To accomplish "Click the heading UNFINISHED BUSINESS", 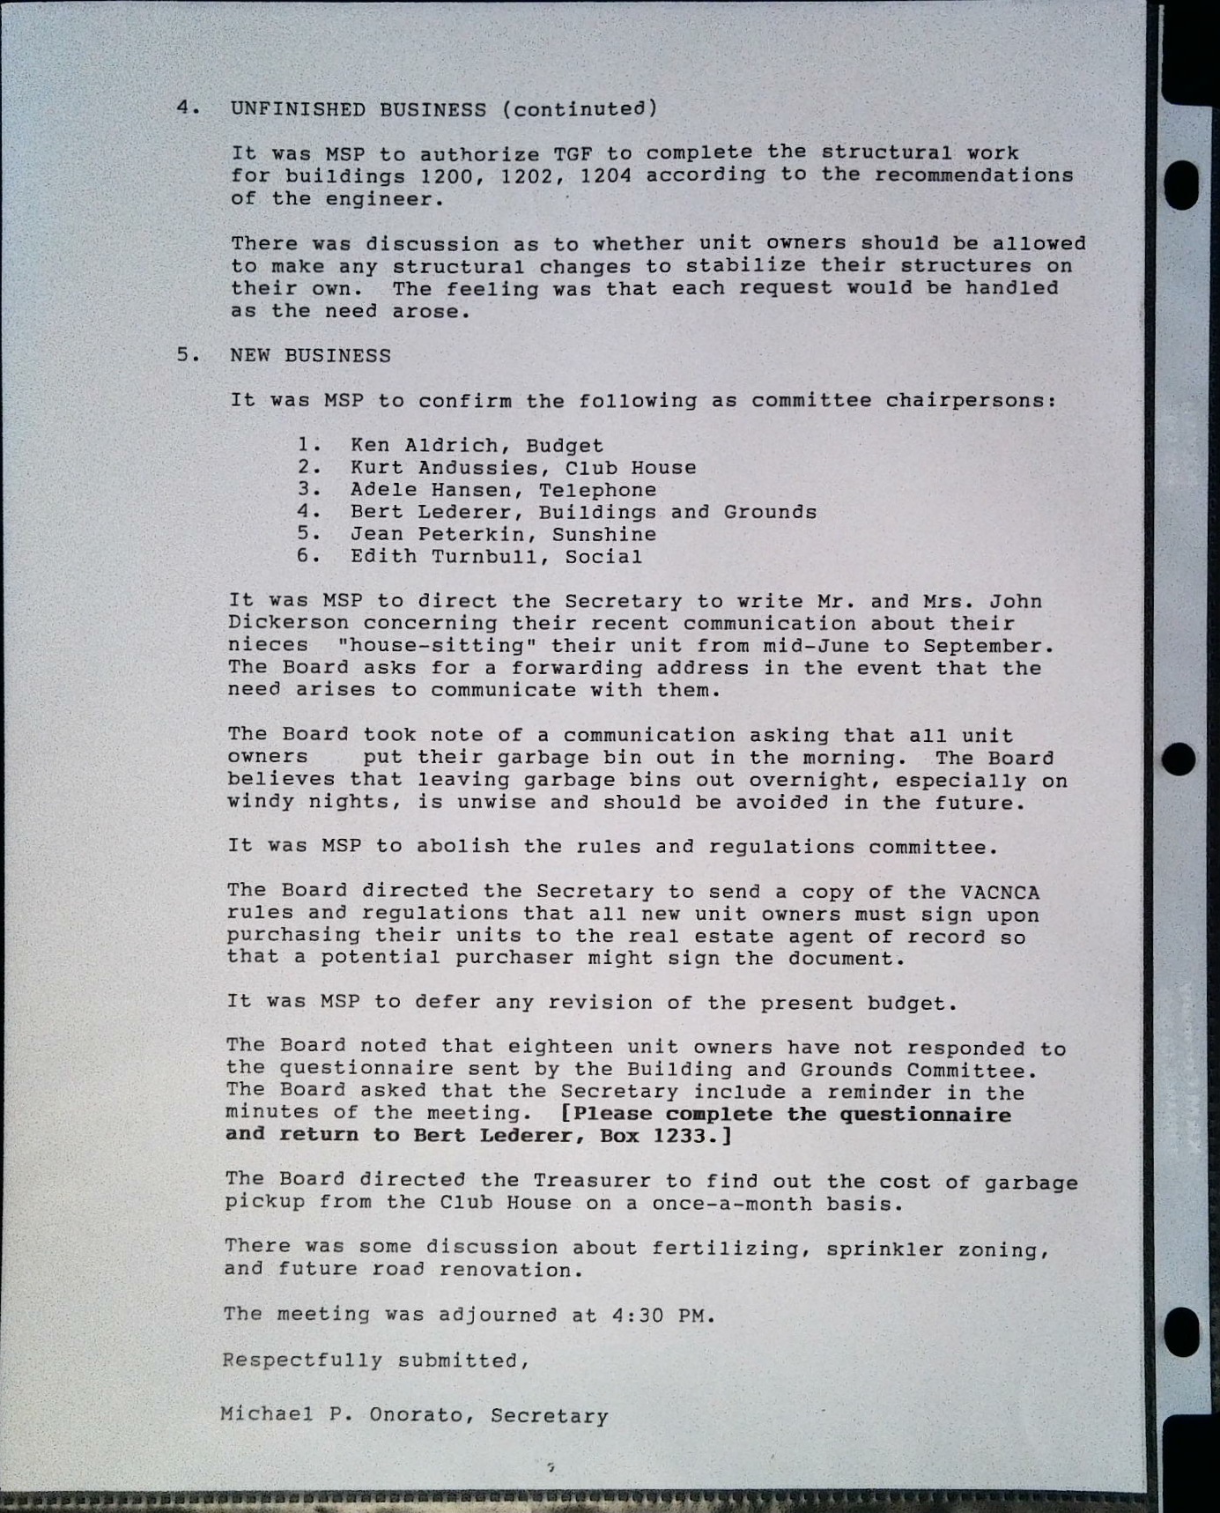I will pyautogui.click(x=358, y=109).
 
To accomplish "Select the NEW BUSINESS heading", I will pyautogui.click(x=310, y=356).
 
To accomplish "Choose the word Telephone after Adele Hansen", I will pyautogui.click(x=597, y=490).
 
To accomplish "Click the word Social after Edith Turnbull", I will pyautogui.click(x=603, y=557).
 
